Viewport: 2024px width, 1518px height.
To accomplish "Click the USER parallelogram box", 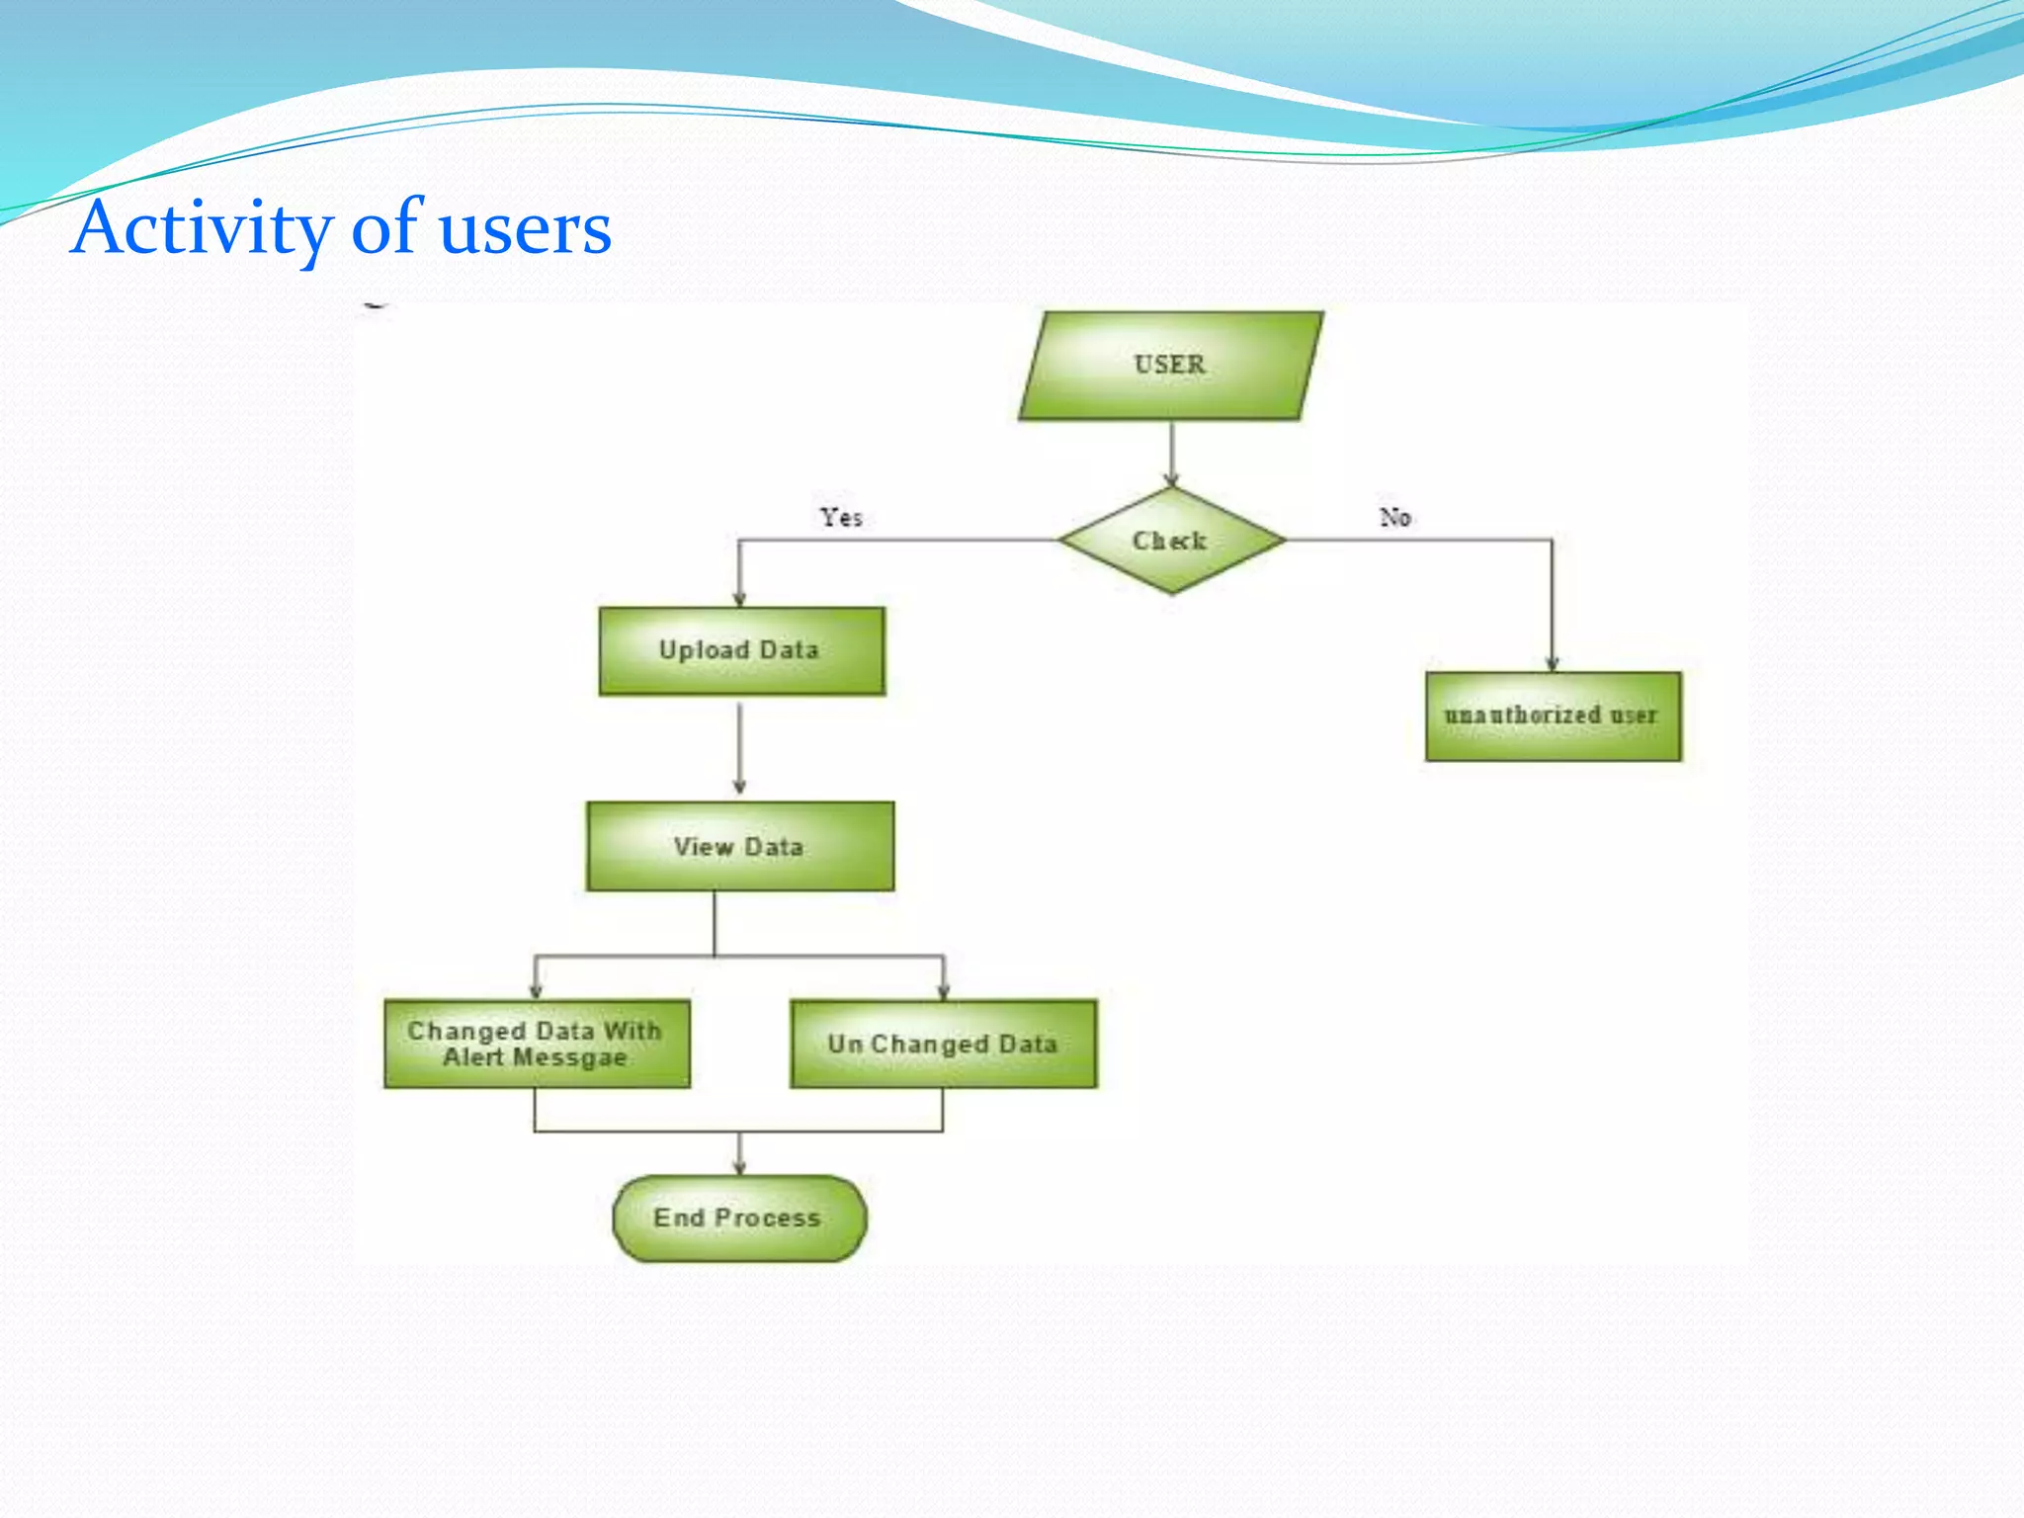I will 1171,366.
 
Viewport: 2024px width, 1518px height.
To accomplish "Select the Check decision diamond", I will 1171,541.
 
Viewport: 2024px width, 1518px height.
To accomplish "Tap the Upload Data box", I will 741,651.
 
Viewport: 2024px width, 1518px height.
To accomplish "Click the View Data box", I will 739,847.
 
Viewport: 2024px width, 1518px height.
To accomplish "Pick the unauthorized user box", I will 1553,716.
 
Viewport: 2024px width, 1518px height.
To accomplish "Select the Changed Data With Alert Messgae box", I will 537,1044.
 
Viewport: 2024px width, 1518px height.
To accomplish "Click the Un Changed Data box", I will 943,1044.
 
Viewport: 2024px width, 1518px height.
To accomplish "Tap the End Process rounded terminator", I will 739,1218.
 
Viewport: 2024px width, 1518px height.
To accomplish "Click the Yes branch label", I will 841,517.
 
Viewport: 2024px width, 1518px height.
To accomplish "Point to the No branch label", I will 1394,517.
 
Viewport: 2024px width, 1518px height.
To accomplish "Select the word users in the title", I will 525,229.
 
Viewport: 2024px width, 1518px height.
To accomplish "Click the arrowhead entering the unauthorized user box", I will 1552,664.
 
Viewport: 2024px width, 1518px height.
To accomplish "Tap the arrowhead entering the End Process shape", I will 739,1167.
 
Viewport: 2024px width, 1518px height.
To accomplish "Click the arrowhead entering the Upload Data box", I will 739,599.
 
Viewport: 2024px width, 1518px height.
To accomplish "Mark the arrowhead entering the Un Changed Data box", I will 944,990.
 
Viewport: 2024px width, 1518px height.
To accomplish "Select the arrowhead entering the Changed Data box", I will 536,990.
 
